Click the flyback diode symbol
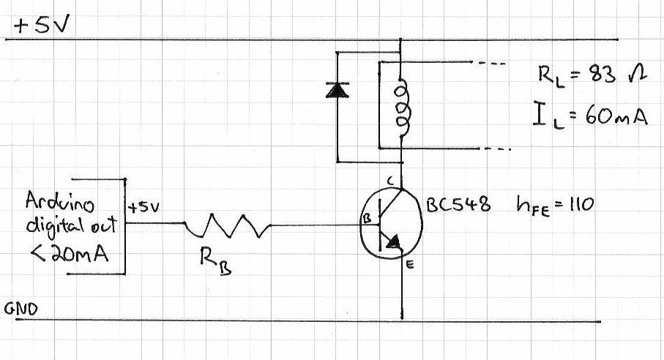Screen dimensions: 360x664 pos(337,89)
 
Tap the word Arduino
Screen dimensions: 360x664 pos(56,200)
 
